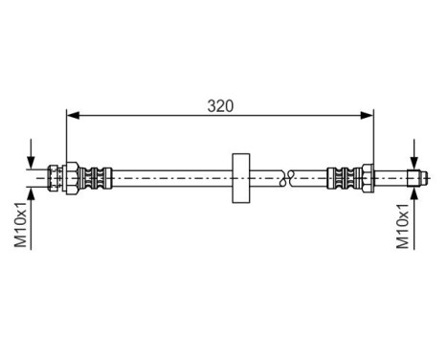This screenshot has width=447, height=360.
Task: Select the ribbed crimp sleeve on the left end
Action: [x=96, y=177]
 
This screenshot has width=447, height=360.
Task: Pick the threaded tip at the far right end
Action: [x=413, y=177]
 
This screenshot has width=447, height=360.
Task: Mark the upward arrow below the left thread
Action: [x=34, y=195]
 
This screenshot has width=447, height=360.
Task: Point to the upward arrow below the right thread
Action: [x=413, y=195]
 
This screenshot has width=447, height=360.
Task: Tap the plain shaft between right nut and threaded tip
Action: [x=391, y=177]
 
